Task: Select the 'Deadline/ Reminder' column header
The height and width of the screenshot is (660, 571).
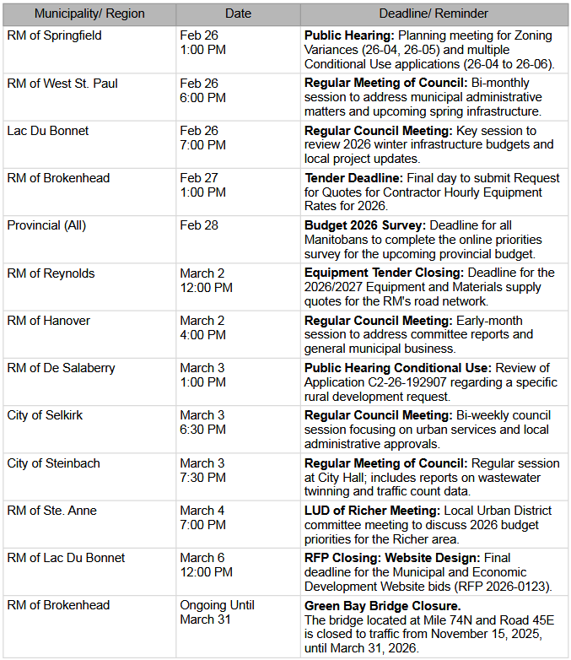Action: (434, 14)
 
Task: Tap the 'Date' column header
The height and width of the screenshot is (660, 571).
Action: (238, 14)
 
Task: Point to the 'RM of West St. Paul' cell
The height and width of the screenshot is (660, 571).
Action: (62, 84)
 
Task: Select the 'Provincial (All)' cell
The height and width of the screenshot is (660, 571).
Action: (46, 225)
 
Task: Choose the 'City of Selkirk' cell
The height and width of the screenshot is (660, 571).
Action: (45, 415)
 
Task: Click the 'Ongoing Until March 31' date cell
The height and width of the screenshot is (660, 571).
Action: (217, 612)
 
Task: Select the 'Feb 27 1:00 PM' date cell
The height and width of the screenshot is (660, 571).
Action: (202, 185)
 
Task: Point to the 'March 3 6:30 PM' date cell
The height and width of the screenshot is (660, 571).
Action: (202, 422)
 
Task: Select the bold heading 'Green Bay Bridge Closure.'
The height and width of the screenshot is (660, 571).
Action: (382, 605)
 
